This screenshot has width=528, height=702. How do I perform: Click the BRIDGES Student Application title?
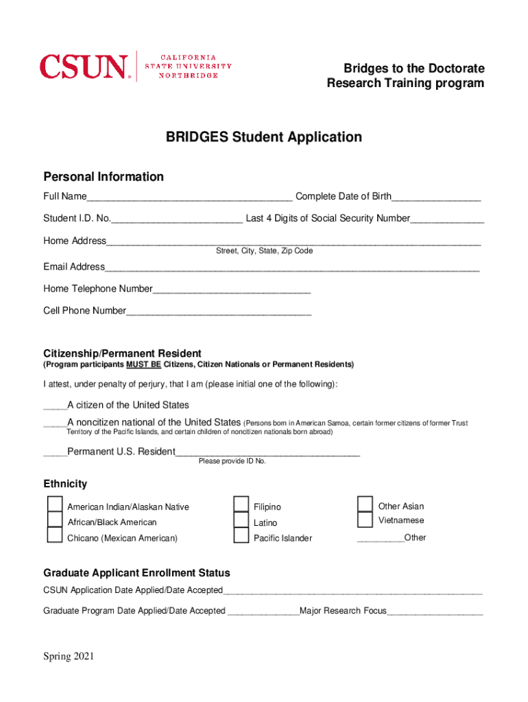click(x=263, y=137)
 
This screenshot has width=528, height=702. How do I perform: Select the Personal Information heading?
click(x=104, y=177)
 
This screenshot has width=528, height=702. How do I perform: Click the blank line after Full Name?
click(x=190, y=198)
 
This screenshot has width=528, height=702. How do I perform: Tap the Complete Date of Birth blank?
click(x=436, y=198)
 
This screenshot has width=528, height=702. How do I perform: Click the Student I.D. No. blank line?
click(x=177, y=220)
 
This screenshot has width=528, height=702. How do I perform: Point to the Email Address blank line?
click(x=292, y=268)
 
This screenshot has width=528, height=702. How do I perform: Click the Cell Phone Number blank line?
click(x=219, y=312)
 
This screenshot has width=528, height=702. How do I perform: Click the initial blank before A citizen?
click(x=55, y=406)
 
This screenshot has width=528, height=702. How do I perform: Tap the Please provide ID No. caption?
click(x=232, y=461)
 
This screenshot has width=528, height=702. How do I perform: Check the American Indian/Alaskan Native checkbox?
click(x=55, y=505)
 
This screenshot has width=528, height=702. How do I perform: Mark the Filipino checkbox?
click(x=241, y=505)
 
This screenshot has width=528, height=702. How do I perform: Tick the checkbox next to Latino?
click(x=241, y=520)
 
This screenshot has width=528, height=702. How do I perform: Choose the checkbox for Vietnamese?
click(x=365, y=520)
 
